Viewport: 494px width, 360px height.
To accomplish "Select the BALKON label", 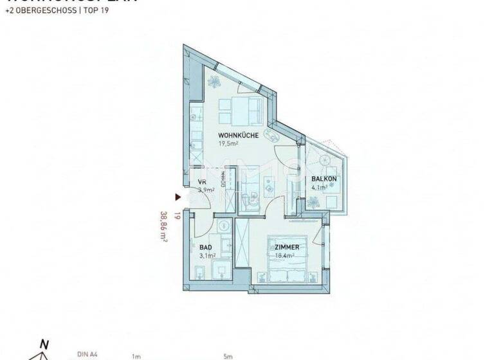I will point(323,179).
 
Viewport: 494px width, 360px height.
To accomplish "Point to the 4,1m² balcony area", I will point(320,188).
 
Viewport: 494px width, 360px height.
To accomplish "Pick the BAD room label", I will point(205,247).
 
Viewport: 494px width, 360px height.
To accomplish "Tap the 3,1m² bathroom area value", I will point(206,256).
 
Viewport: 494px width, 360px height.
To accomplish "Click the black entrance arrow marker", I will point(179,199).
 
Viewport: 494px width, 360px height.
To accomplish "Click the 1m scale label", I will point(136,355).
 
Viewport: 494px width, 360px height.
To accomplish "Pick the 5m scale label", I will point(228,355).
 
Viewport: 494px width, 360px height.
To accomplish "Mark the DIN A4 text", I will point(86,353).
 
